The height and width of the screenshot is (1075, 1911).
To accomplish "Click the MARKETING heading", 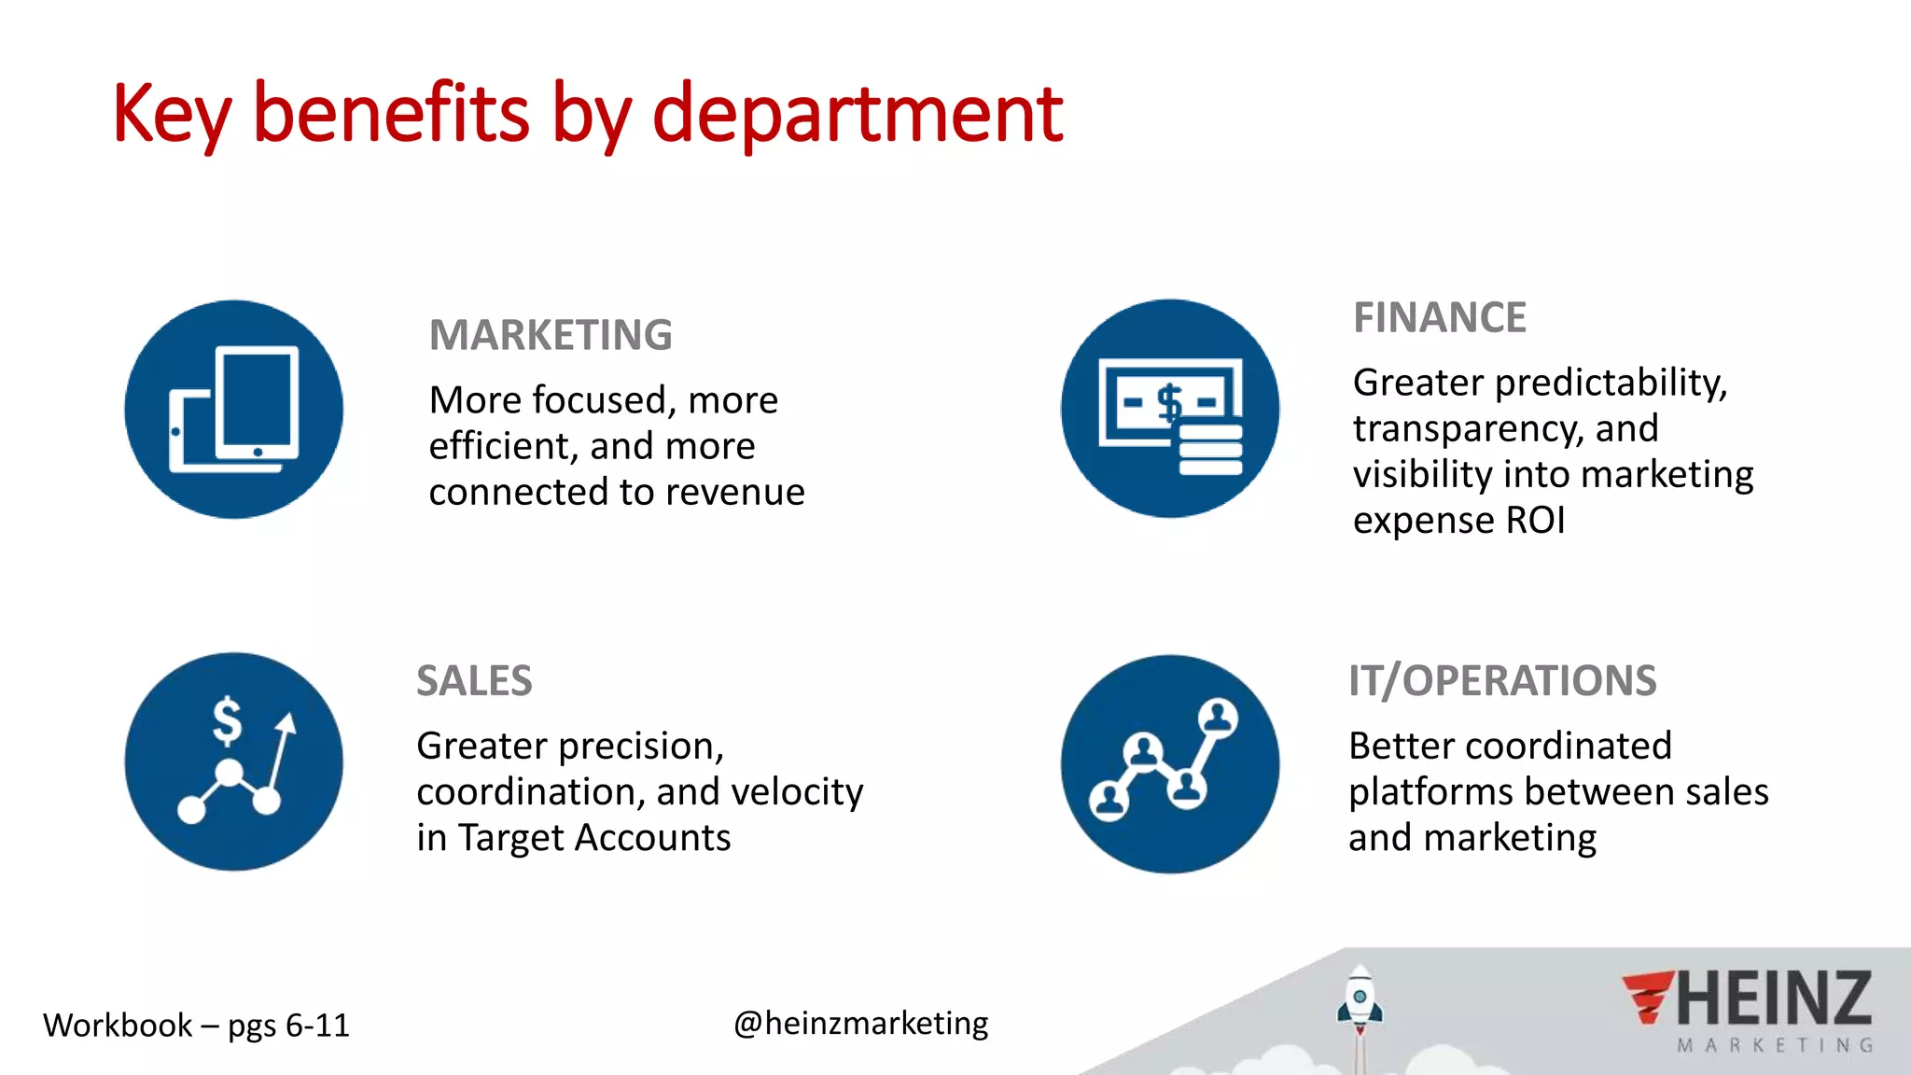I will point(551,335).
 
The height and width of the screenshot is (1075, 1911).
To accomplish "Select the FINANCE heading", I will point(1440,317).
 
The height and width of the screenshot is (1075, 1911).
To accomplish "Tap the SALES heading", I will point(474,681).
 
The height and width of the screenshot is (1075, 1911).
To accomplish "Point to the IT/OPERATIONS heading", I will point(1502,681).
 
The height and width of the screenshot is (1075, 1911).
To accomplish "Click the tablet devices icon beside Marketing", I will point(234,409).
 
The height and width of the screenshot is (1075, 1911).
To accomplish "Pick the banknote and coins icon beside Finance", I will point(1170,409).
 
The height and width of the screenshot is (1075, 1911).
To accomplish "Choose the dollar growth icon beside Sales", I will point(234,761).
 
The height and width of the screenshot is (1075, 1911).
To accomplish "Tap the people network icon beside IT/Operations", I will point(1170,763).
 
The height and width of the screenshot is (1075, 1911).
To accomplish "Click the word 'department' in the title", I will point(857,114).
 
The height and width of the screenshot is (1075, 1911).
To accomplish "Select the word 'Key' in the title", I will point(172,114).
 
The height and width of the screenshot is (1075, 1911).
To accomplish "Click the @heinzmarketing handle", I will point(860,1024).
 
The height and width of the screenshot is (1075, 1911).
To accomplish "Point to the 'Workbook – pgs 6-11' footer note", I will point(196,1026).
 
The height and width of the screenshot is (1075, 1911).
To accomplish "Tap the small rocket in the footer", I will point(1360,1003).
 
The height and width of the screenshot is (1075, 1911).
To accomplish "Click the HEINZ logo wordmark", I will point(1773,998).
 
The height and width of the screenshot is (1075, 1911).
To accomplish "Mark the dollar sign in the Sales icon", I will point(227,721).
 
